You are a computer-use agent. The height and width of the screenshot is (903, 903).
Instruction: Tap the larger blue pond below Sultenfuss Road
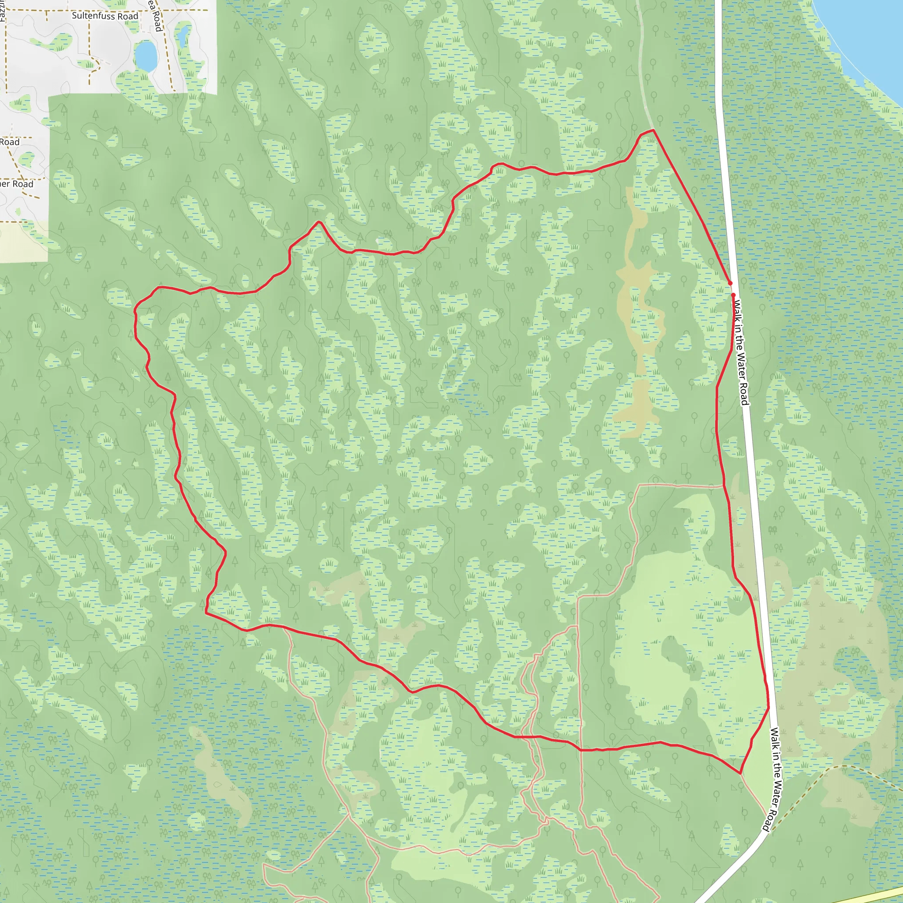[146, 56]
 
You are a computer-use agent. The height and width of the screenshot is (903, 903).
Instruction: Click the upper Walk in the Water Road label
[741, 353]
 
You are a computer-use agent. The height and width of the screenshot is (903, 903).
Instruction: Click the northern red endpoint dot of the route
[730, 283]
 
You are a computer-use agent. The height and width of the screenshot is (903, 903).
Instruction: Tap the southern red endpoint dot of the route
[733, 295]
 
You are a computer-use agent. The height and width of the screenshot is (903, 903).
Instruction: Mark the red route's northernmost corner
[653, 130]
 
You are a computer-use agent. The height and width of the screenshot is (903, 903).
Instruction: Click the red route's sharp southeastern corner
[740, 773]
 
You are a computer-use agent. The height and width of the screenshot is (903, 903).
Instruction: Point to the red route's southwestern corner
[205, 611]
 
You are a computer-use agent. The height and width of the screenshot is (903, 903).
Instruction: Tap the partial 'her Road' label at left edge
[17, 184]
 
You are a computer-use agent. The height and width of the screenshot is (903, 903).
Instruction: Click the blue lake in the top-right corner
[865, 37]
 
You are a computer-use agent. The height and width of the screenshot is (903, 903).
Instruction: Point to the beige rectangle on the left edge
[23, 241]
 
